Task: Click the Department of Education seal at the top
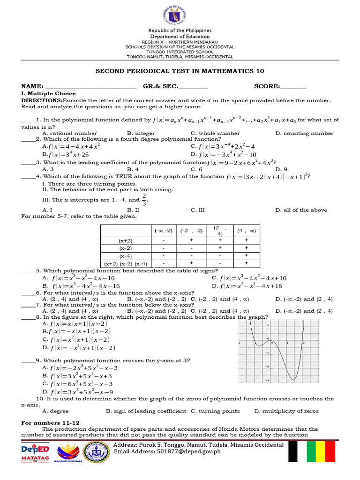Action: tap(180, 15)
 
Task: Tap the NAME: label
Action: tap(32, 86)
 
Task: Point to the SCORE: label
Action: tap(267, 86)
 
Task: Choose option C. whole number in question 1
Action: tap(209, 133)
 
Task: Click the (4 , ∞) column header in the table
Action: tap(246, 231)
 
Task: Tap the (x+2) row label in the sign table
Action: tap(125, 240)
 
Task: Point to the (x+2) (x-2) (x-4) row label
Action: tap(126, 263)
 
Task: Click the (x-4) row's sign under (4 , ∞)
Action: tap(246, 255)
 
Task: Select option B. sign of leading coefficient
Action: tap(146, 411)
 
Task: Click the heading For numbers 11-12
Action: tap(51, 423)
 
